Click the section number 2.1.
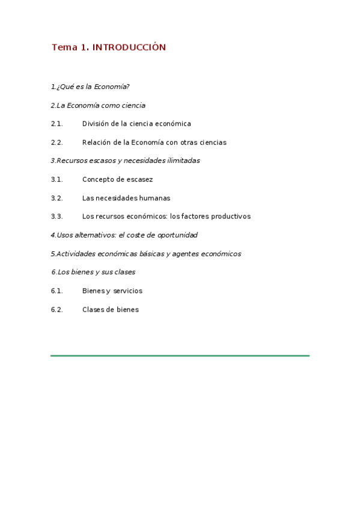[57, 124]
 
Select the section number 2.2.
[57, 143]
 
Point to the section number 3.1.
[57, 180]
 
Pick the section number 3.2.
[57, 198]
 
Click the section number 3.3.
[57, 217]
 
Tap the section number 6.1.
[57, 291]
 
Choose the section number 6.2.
[57, 310]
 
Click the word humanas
[154, 198]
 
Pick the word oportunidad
[177, 235]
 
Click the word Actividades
[75, 254]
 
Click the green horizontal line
[180, 356]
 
